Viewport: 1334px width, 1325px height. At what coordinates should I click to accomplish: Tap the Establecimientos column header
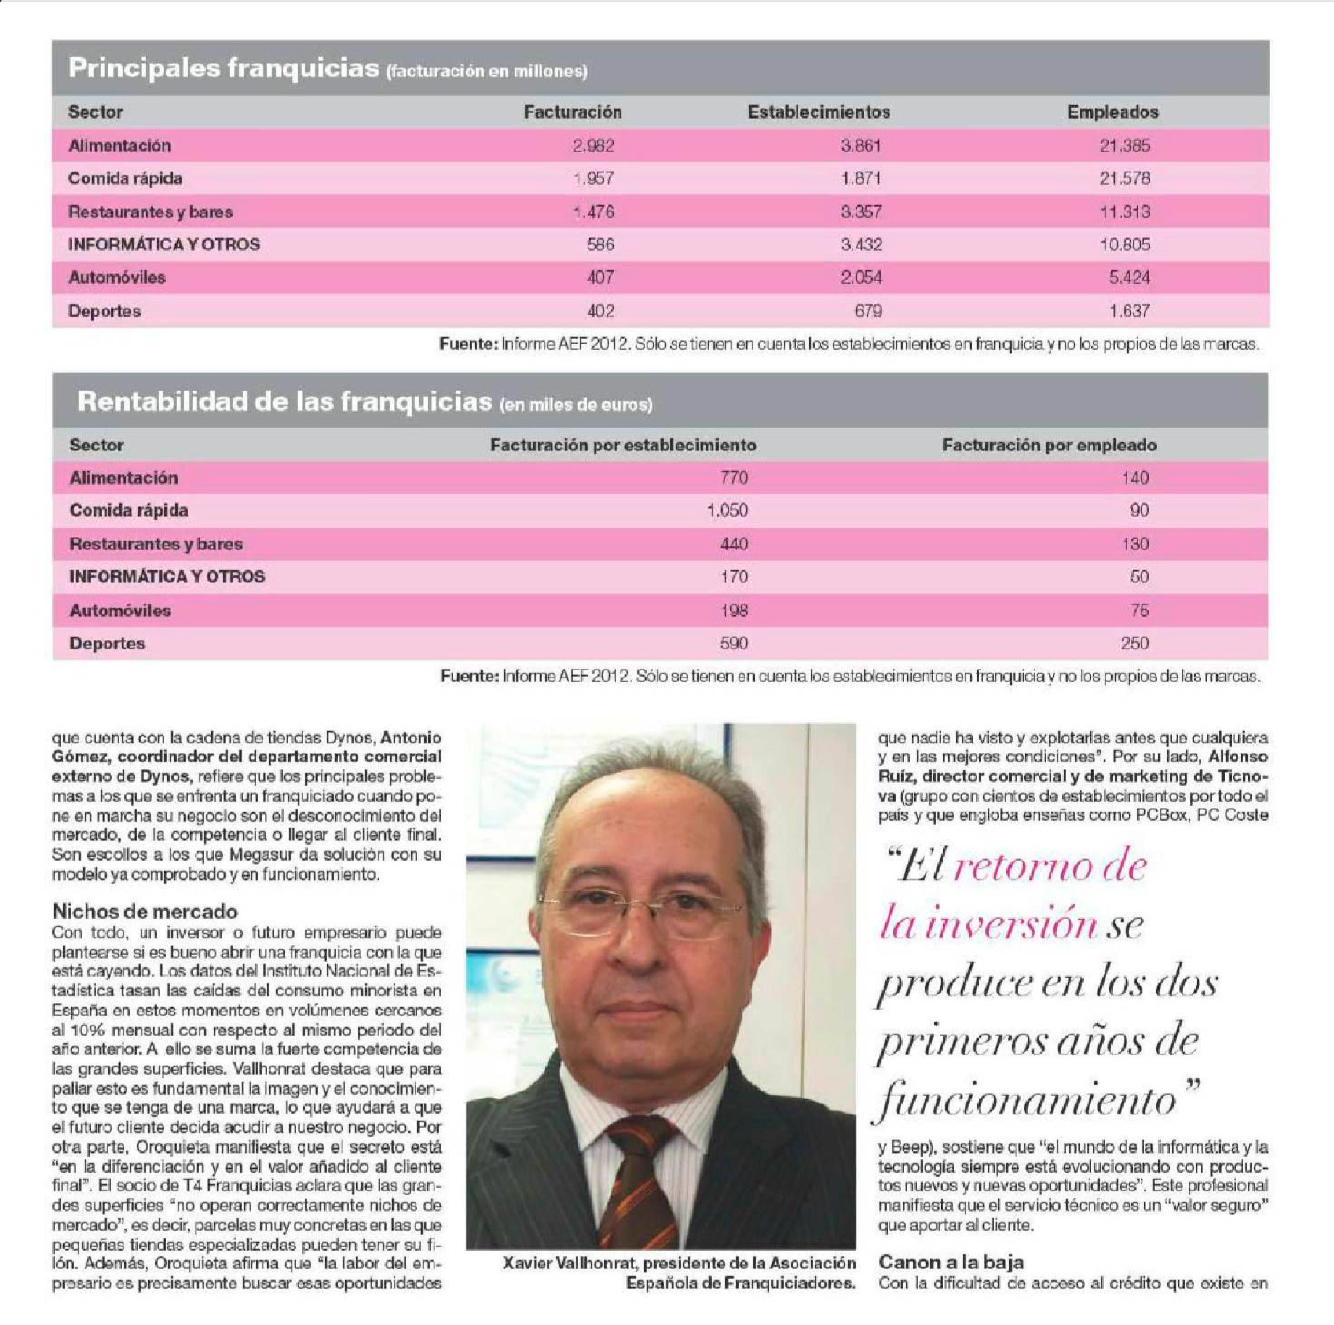tap(818, 112)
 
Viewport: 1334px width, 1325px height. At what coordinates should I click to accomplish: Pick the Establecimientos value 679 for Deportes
tap(868, 311)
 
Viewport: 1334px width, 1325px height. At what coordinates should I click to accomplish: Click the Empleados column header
tap(1112, 112)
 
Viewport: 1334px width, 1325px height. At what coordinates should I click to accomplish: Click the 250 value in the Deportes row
tap(1134, 644)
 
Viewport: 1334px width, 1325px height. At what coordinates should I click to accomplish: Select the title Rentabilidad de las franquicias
tap(284, 402)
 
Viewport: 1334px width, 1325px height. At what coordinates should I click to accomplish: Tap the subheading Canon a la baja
tap(951, 1262)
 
